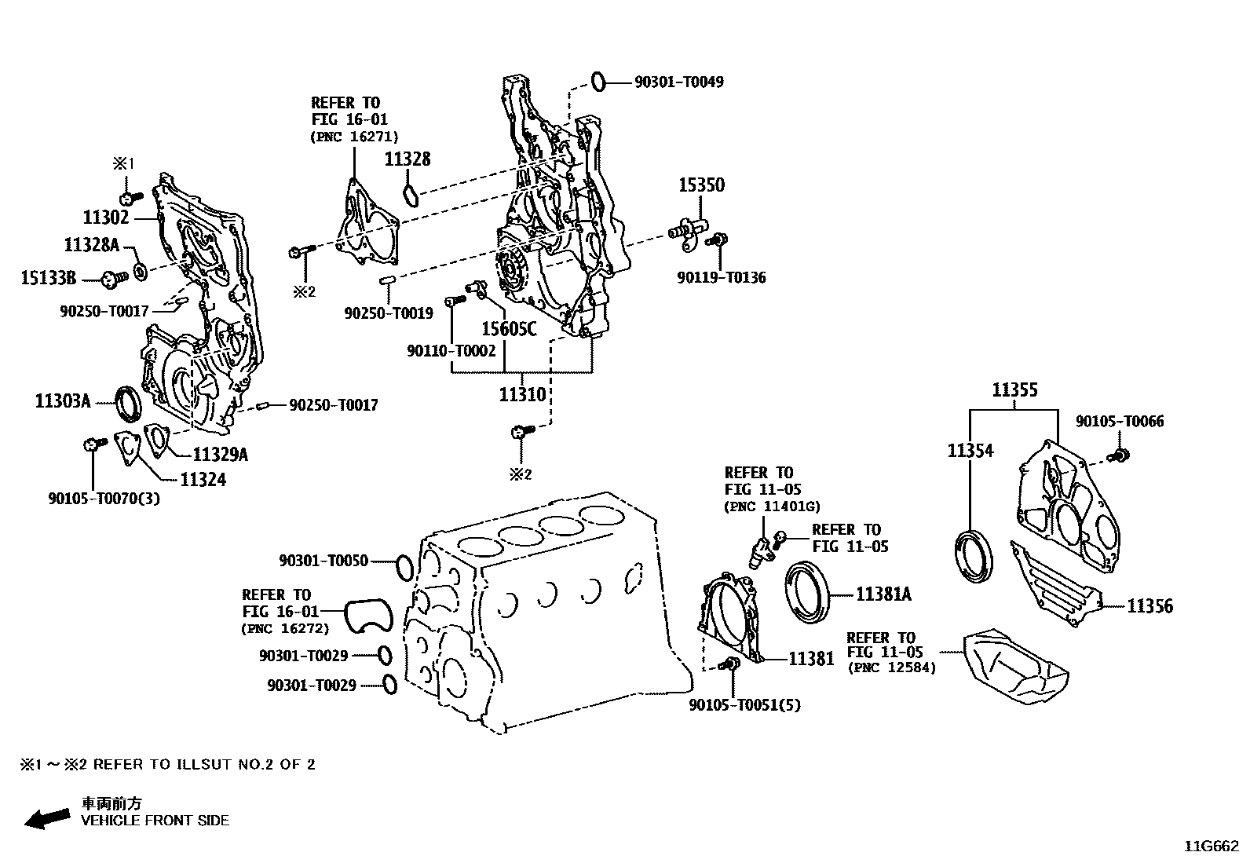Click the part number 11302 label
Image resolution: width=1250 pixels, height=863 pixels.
pyautogui.click(x=105, y=217)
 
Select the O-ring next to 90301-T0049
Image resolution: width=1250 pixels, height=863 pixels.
pyautogui.click(x=598, y=80)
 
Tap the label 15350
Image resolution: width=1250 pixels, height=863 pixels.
pyautogui.click(x=701, y=185)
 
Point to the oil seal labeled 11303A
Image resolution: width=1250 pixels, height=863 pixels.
pyautogui.click(x=129, y=401)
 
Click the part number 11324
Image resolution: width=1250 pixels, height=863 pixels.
pyautogui.click(x=203, y=479)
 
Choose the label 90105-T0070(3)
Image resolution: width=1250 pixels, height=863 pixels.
pyautogui.click(x=104, y=498)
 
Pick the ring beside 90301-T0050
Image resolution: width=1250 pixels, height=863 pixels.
pyautogui.click(x=404, y=567)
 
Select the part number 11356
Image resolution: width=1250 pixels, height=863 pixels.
pyautogui.click(x=1149, y=605)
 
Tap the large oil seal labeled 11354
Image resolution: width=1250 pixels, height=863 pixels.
pyautogui.click(x=974, y=557)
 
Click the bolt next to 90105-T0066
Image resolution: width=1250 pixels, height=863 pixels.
pyautogui.click(x=1119, y=455)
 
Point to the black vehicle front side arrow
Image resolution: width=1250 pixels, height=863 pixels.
pyautogui.click(x=46, y=818)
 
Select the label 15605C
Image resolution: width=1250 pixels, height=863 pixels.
pyautogui.click(x=509, y=329)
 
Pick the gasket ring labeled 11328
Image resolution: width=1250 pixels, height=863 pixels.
pyautogui.click(x=411, y=193)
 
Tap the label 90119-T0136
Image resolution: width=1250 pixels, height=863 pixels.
pyautogui.click(x=722, y=277)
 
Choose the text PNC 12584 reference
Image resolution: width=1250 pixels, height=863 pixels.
pyautogui.click(x=891, y=667)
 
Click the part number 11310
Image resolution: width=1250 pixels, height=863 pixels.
pyautogui.click(x=522, y=393)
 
